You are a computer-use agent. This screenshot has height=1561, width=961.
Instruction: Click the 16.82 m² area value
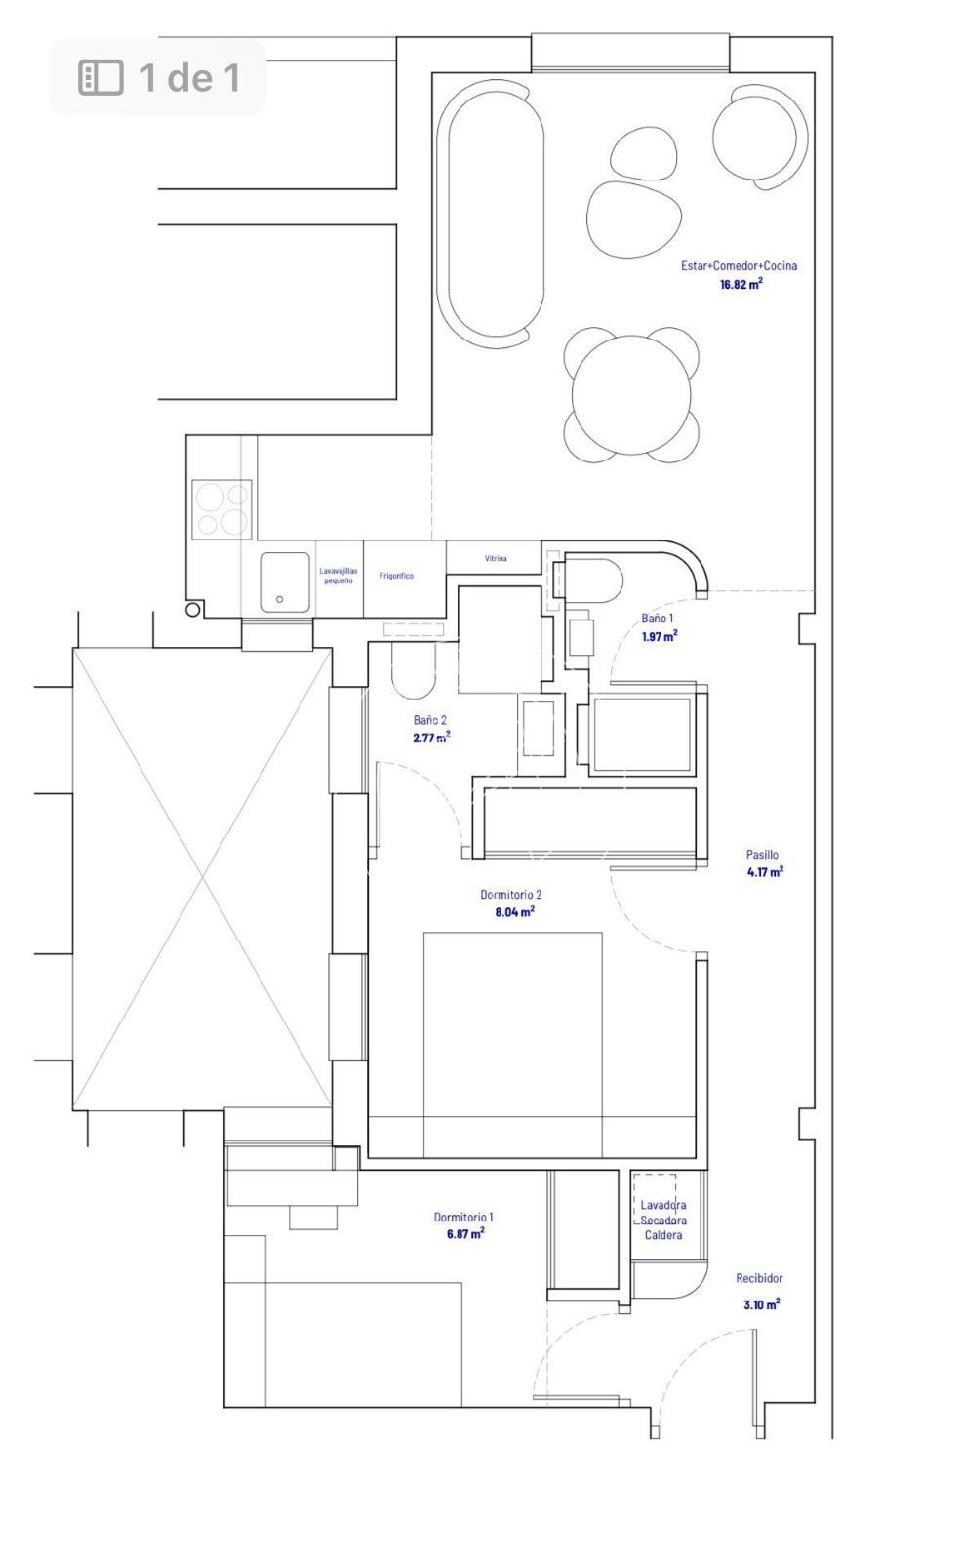tap(741, 284)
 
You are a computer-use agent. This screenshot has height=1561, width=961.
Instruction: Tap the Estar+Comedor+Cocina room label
tap(739, 265)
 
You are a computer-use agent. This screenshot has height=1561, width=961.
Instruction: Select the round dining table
tap(630, 395)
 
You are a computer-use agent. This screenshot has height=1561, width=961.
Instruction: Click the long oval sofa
tap(489, 214)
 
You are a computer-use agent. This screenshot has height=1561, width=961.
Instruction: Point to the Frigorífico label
tap(396, 576)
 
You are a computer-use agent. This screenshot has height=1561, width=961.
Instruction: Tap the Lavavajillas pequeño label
tap(338, 576)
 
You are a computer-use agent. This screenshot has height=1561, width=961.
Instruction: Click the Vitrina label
tap(496, 558)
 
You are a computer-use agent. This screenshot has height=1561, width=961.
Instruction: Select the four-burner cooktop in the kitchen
tap(221, 509)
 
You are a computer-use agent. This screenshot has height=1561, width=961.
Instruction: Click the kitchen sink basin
tap(285, 582)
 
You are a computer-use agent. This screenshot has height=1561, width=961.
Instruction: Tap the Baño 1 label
tap(657, 619)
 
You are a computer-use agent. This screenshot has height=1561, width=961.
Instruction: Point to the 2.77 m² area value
tap(431, 738)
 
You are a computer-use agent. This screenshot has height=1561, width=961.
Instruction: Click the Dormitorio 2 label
tap(511, 894)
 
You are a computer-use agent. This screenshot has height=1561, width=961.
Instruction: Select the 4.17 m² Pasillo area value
tap(765, 872)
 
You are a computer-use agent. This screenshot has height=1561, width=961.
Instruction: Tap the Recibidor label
tap(759, 1278)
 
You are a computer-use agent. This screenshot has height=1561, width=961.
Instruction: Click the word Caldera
tap(662, 1235)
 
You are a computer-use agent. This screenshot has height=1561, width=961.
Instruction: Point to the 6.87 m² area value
tap(465, 1233)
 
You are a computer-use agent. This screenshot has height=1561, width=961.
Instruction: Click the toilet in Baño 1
tap(592, 580)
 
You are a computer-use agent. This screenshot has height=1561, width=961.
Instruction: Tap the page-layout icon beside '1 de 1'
tap(100, 77)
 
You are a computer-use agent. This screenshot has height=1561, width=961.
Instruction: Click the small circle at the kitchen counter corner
tap(193, 609)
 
